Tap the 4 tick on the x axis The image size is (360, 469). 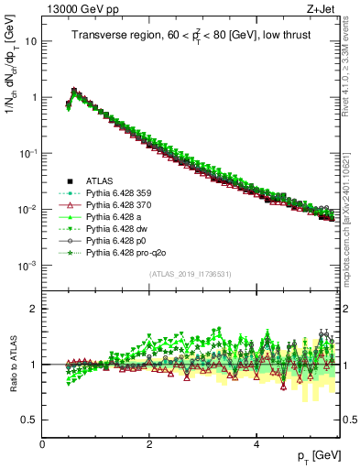pyautogui.click(x=256, y=444)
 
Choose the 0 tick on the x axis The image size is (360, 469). pyautogui.click(x=42, y=444)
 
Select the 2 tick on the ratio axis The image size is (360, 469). pyautogui.click(x=33, y=309)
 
